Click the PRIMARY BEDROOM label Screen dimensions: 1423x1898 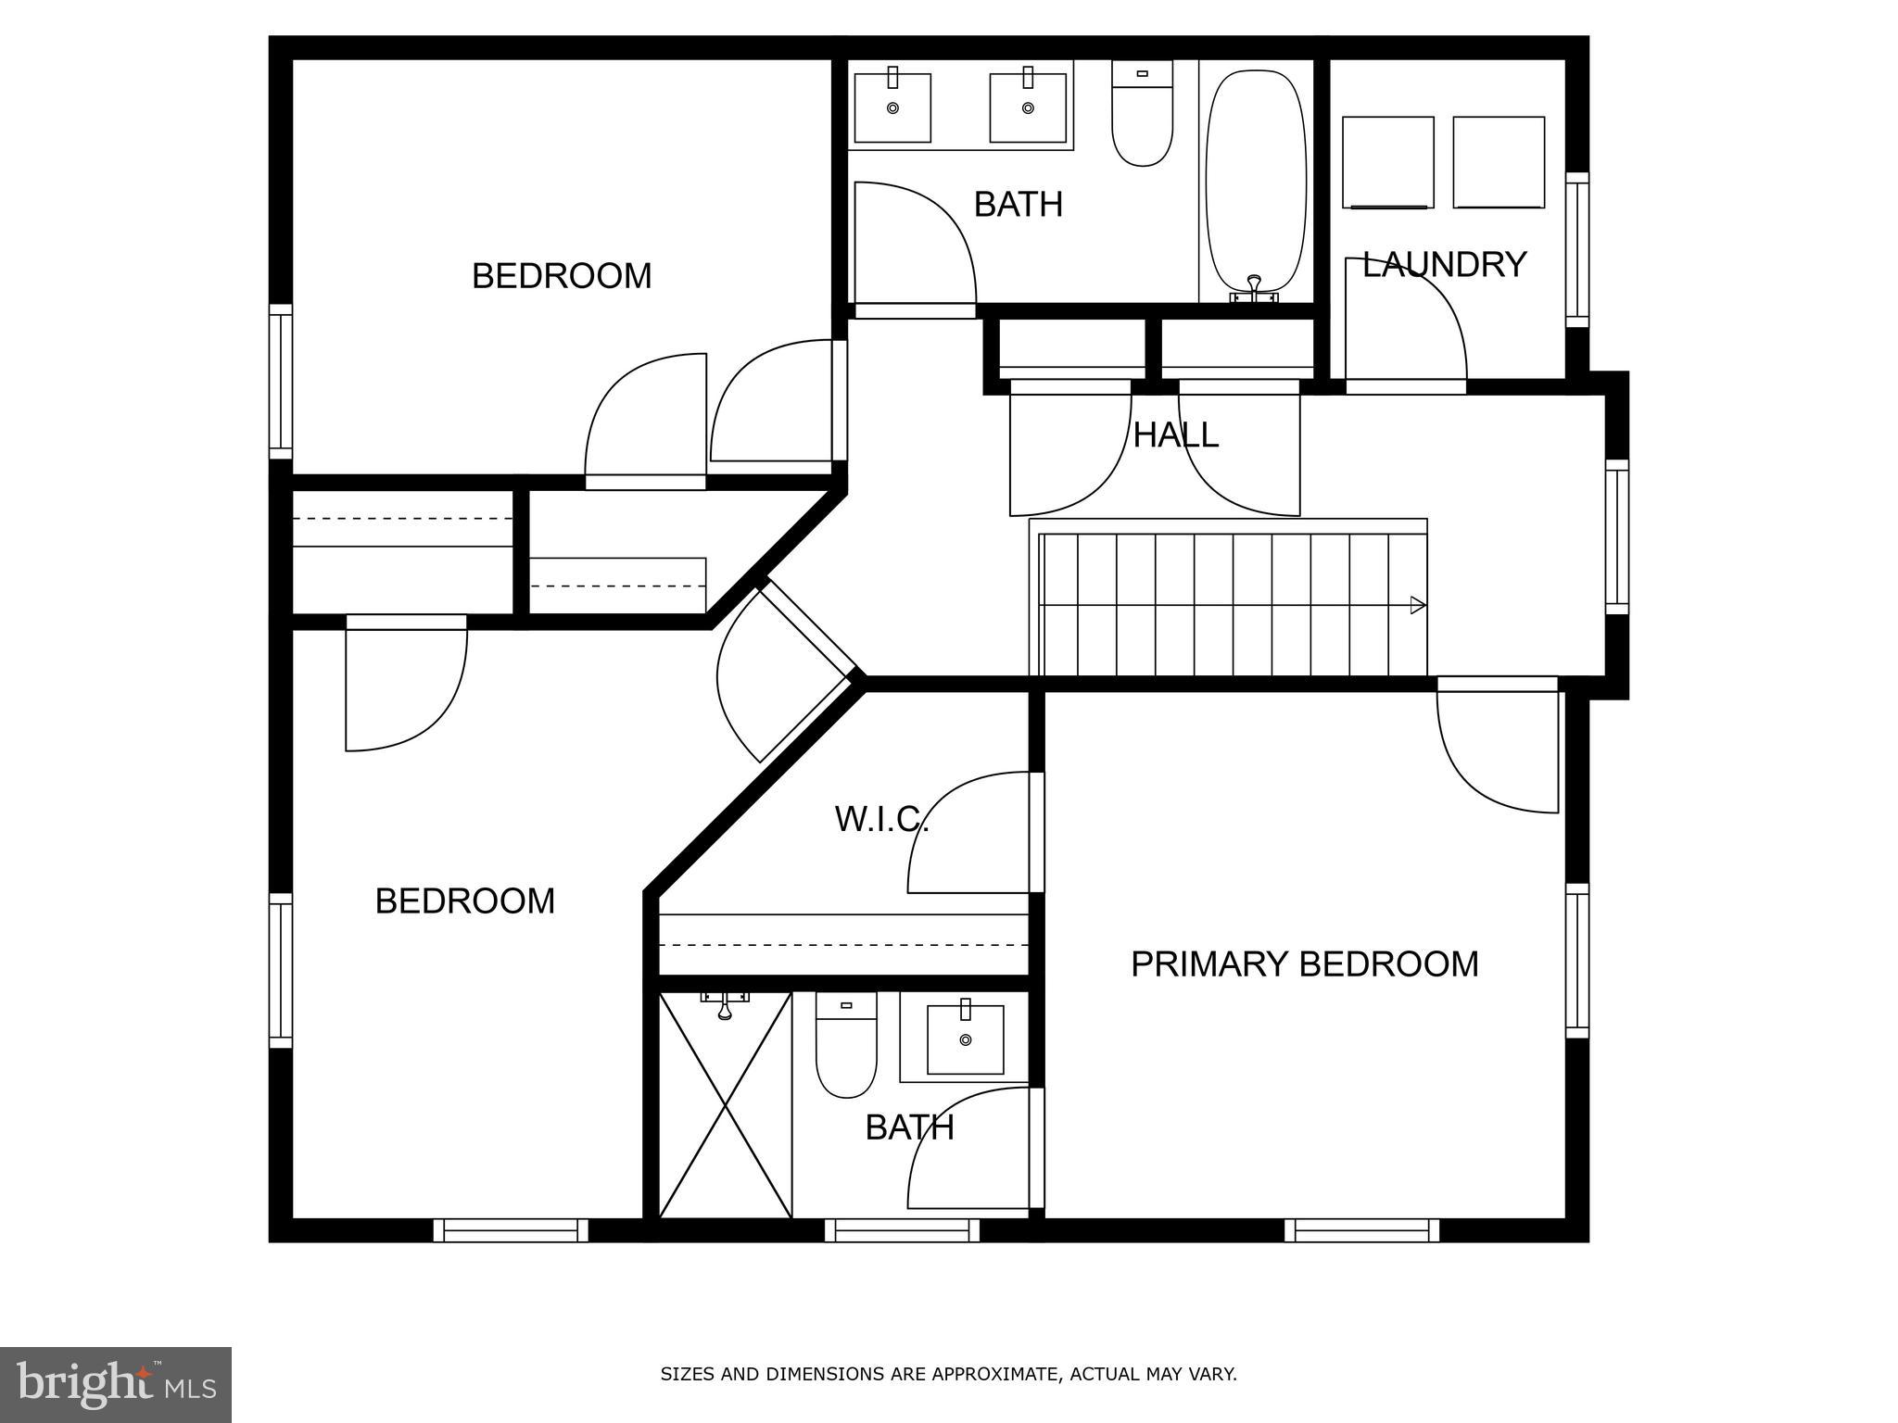click(1304, 964)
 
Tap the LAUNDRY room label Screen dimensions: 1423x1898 click(1443, 265)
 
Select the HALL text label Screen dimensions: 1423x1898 click(1175, 435)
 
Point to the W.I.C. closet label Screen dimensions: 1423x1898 click(880, 819)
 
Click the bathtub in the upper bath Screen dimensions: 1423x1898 click(1257, 181)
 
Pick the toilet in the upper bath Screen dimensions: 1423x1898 click(1142, 116)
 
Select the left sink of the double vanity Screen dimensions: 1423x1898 click(892, 107)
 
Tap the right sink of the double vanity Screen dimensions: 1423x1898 click(1028, 107)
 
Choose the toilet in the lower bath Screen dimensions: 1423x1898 click(845, 1047)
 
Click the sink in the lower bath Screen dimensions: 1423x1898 click(965, 1039)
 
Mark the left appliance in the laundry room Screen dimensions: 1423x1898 click(1387, 162)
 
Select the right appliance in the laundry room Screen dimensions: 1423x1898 click(1499, 162)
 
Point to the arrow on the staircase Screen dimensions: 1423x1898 click(1416, 605)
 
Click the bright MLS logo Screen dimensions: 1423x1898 click(116, 1384)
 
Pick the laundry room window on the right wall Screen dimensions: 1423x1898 click(1576, 249)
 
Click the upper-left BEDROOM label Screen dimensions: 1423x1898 click(562, 276)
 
